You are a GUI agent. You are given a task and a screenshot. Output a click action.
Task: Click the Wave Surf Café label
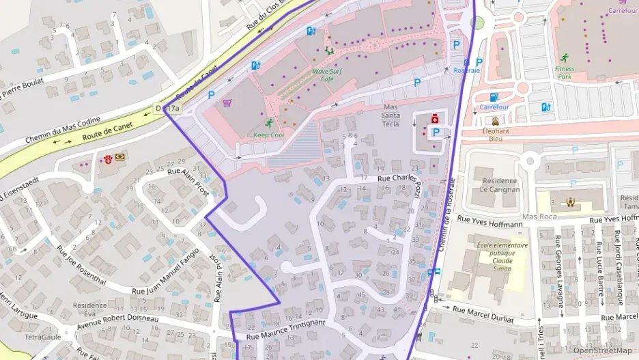[x=331, y=74]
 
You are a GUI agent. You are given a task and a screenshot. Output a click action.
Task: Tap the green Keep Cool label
[x=268, y=135]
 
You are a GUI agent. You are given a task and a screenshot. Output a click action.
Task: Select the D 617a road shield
[x=167, y=108]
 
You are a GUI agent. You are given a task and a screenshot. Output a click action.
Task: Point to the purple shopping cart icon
[x=227, y=103]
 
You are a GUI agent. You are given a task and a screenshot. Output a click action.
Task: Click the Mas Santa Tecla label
[x=390, y=115]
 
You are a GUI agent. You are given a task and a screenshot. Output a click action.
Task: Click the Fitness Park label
[x=565, y=72]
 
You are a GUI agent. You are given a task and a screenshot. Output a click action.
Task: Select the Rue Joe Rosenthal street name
[x=81, y=265]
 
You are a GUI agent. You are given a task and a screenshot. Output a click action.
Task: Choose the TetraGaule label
[x=43, y=337]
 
